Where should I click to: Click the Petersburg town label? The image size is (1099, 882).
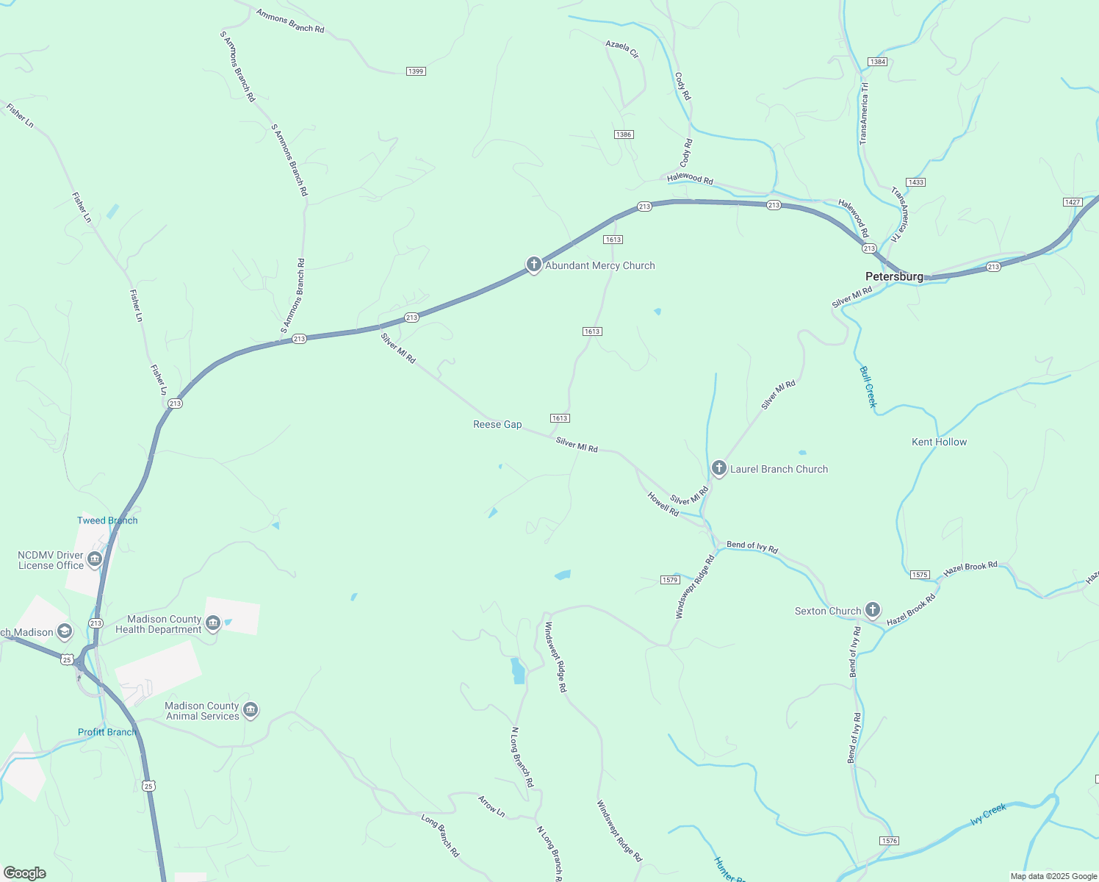point(894,276)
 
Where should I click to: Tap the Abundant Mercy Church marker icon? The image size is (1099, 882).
point(534,265)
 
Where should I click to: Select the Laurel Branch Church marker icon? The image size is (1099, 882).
point(719,468)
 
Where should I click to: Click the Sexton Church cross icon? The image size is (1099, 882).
point(873,609)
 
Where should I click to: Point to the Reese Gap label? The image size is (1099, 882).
point(497,424)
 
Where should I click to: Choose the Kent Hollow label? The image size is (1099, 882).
point(939,442)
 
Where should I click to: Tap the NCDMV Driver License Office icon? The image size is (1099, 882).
point(95,560)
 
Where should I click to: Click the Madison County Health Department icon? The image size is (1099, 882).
point(213,624)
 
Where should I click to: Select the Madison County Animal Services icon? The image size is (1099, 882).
point(251,710)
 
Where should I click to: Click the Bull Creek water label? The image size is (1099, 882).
point(868,387)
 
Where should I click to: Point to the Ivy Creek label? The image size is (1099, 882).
point(988,814)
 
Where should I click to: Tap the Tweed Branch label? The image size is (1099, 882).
point(107,520)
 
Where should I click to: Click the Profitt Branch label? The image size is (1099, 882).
point(107,732)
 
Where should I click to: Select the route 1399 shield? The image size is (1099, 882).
point(416,71)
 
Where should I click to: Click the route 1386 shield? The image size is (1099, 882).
point(624,135)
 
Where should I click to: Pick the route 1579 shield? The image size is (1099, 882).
point(669,580)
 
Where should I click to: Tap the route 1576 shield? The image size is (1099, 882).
point(889,840)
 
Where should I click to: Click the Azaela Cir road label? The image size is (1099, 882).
point(622,49)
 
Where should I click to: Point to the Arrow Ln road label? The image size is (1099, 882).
point(491,806)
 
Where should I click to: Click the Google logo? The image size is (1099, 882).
point(25,873)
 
